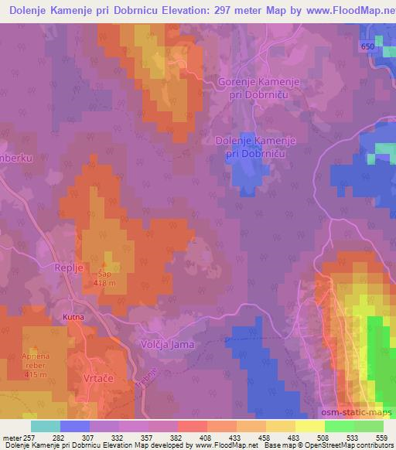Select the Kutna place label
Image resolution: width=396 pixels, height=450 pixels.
coord(73,318)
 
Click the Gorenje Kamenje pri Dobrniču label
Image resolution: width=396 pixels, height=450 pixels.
coord(261,88)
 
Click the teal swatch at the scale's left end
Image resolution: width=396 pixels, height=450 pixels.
coord(46,426)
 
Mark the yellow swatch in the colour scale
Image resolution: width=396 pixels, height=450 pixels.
coord(310,426)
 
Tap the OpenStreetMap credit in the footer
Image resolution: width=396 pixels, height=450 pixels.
coord(340,445)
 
